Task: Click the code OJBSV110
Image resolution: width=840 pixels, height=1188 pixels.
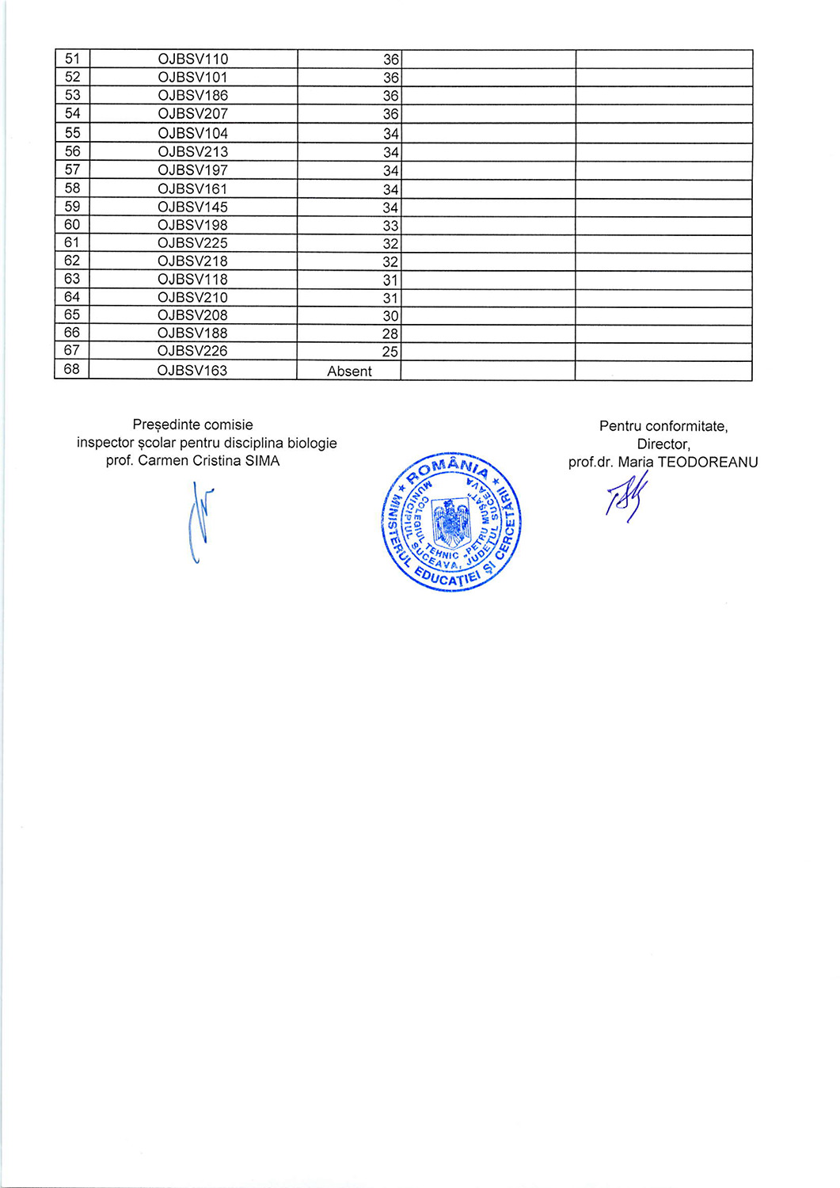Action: click(192, 59)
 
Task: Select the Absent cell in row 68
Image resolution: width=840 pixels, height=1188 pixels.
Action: click(349, 371)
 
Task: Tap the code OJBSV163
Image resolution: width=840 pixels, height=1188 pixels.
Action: click(192, 371)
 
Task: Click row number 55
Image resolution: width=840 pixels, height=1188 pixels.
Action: click(73, 133)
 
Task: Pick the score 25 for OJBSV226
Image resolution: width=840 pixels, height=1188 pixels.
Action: click(390, 352)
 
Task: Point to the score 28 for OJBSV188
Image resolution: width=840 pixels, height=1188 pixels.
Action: click(390, 334)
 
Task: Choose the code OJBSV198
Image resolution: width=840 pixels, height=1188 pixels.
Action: click(192, 225)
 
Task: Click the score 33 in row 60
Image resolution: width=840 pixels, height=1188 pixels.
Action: click(390, 226)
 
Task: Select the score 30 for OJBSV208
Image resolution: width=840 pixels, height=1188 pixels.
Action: click(390, 316)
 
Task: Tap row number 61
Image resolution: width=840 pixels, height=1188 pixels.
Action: click(73, 243)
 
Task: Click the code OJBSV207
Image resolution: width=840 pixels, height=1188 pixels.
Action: click(192, 114)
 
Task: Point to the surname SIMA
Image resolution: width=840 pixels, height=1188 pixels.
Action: click(262, 461)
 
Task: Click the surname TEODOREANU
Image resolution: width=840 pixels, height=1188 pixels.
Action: click(708, 463)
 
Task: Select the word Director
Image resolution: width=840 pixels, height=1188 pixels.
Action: click(663, 444)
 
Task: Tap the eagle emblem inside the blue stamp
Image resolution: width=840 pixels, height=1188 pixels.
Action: click(451, 524)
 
